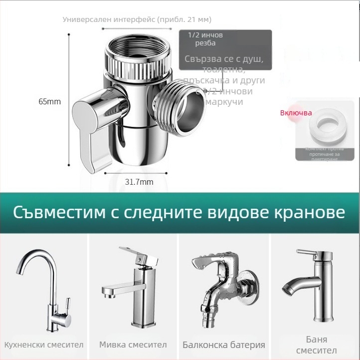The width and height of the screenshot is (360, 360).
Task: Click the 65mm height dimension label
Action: [x=49, y=101]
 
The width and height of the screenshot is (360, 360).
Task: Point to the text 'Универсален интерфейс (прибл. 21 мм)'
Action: [x=137, y=19]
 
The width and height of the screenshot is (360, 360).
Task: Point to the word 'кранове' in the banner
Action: [x=309, y=212]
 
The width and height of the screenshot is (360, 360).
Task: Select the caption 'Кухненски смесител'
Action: [x=44, y=345]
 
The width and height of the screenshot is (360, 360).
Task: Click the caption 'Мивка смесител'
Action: [x=133, y=345]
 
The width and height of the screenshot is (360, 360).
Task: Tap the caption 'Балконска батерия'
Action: [x=223, y=345]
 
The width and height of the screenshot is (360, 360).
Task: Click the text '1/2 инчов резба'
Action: [x=205, y=39]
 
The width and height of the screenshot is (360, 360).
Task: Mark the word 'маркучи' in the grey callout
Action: [x=224, y=102]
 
